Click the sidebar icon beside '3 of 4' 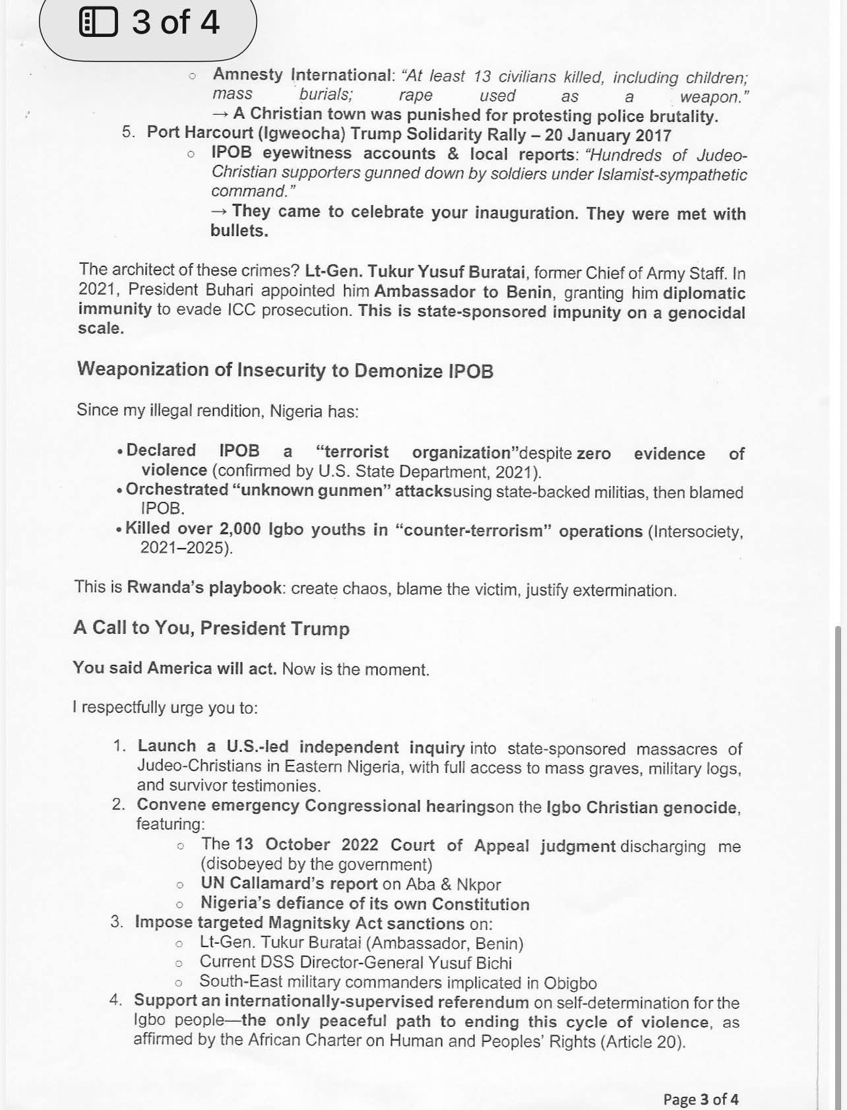pos(98,22)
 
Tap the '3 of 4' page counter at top pos(175,22)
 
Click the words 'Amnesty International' pos(302,75)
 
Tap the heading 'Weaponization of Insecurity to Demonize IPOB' pos(285,370)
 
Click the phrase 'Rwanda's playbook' pos(204,588)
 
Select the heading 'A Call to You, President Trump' pos(211,628)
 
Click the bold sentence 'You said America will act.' pos(175,668)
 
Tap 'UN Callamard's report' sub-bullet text pos(289,884)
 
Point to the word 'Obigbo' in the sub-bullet pos(570,983)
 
